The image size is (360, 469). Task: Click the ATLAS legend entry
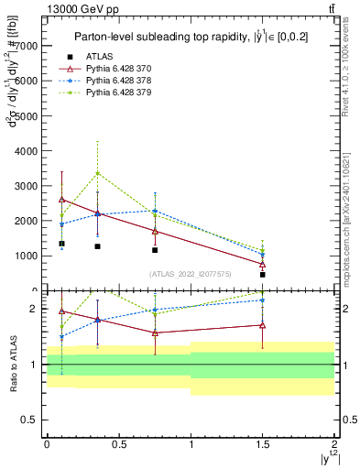pos(101,56)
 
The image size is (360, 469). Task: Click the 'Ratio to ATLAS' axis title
pos(12,362)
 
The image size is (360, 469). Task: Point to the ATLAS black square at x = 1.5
pos(263,274)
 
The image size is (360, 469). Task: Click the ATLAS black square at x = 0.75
pos(155,249)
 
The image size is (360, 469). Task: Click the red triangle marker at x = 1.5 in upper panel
pos(263,264)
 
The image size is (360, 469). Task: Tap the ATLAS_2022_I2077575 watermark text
pos(191,273)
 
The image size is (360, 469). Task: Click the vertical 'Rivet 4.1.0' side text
pos(351,73)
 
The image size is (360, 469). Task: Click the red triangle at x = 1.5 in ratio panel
pos(263,324)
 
